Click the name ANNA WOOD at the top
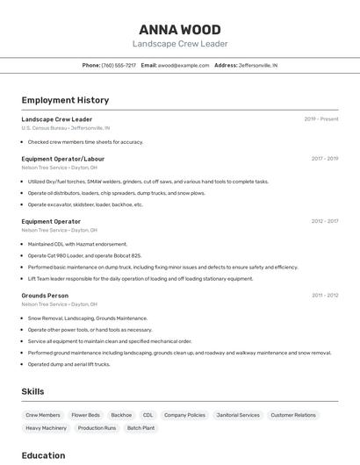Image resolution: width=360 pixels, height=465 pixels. tap(180, 29)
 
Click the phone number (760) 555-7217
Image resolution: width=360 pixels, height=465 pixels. tap(119, 65)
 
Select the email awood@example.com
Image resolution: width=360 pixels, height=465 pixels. tap(184, 65)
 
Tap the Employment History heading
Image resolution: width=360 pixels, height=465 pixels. tap(65, 100)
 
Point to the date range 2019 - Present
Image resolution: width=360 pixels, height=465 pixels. tap(321, 119)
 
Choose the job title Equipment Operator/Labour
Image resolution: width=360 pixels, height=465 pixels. tap(63, 159)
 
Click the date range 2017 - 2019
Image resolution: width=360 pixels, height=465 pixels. tap(324, 159)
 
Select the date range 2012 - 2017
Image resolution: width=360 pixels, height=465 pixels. tap(324, 222)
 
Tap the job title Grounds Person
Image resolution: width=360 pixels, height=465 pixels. tap(45, 296)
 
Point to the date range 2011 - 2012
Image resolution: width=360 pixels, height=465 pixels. tap(325, 296)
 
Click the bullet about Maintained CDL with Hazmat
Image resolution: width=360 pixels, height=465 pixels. tap(77, 244)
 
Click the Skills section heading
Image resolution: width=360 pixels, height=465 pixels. tap(32, 391)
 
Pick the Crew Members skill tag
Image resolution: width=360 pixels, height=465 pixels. tap(43, 415)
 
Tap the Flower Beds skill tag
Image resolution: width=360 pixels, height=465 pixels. tap(85, 415)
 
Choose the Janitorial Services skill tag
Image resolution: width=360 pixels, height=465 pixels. tap(238, 415)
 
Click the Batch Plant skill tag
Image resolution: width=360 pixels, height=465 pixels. tap(140, 428)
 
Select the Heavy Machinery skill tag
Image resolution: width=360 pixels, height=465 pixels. tap(46, 428)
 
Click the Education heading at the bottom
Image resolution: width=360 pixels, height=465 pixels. tap(43, 455)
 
